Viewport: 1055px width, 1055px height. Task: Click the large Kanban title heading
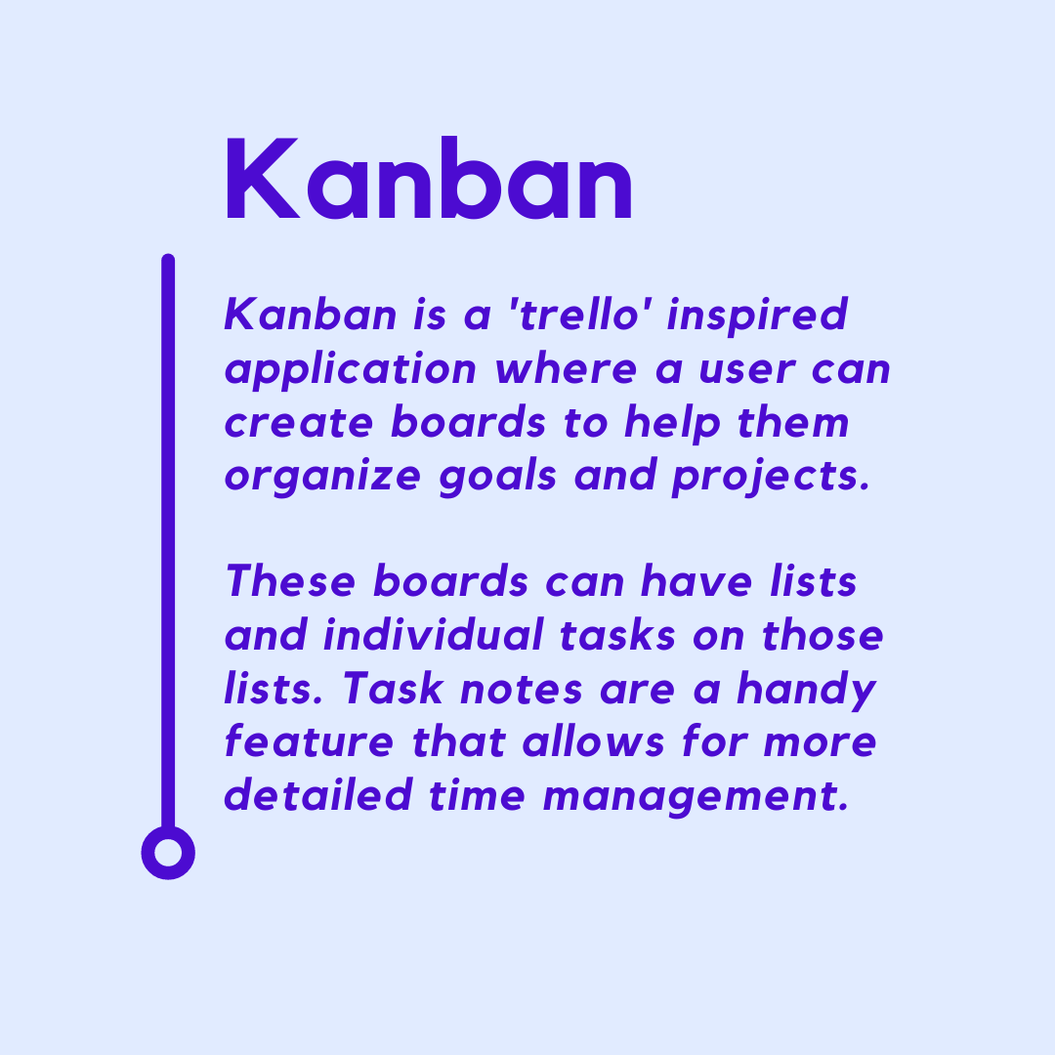(x=429, y=178)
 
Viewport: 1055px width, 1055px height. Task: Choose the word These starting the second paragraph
(x=291, y=581)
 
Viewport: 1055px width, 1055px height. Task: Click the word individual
(x=433, y=635)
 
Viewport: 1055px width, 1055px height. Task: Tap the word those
(x=823, y=635)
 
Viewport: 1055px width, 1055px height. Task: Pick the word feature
(x=309, y=742)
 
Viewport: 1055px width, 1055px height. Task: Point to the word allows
(x=594, y=742)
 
